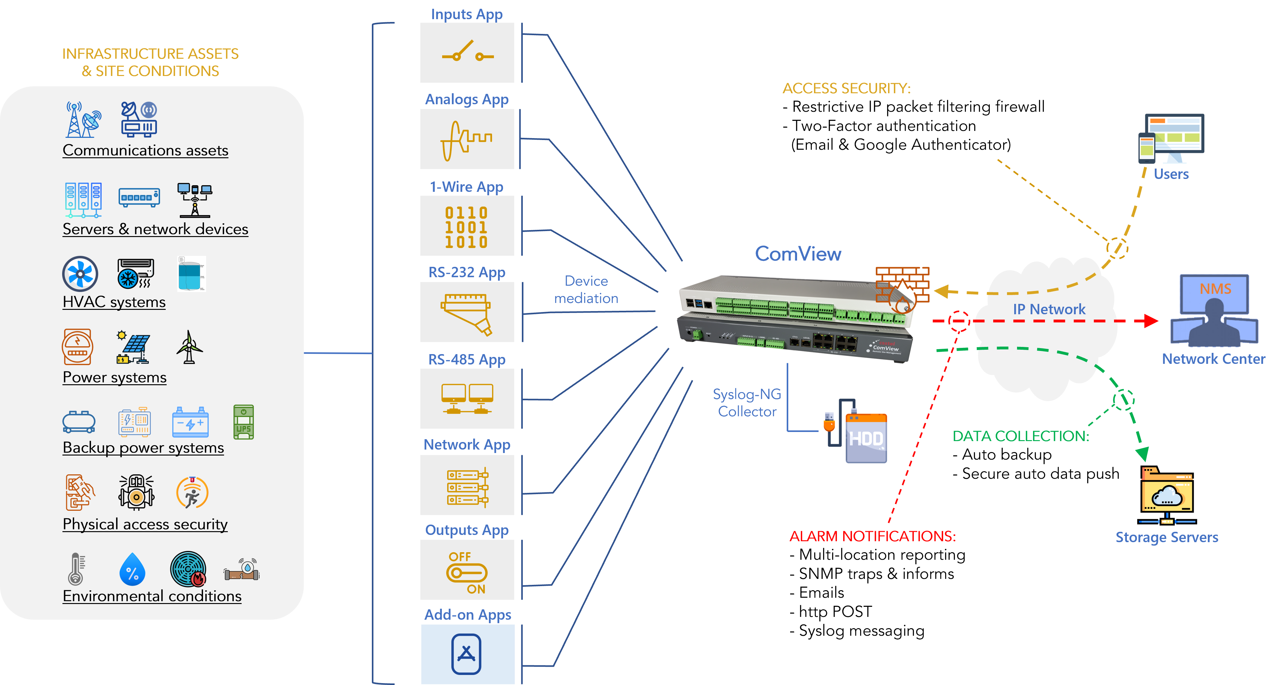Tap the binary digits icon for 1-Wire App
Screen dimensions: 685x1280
[x=466, y=227]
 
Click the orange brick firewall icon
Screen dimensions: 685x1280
[x=902, y=288]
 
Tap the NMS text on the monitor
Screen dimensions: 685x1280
[x=1215, y=289]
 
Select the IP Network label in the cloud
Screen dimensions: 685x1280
[x=1049, y=309]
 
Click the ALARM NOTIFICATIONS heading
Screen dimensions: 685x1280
[x=873, y=537]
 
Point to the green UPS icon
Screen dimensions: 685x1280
[x=244, y=422]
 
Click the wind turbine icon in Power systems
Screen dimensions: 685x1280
[x=189, y=347]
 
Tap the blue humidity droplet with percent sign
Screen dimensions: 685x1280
[x=132, y=570]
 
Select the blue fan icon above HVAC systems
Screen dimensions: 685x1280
[x=80, y=274]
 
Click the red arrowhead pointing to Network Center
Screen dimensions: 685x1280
[x=1150, y=321]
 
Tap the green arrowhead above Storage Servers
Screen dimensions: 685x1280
[x=1142, y=453]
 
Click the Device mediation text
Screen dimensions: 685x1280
[x=586, y=290]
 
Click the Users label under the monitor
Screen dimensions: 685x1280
[x=1171, y=174]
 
